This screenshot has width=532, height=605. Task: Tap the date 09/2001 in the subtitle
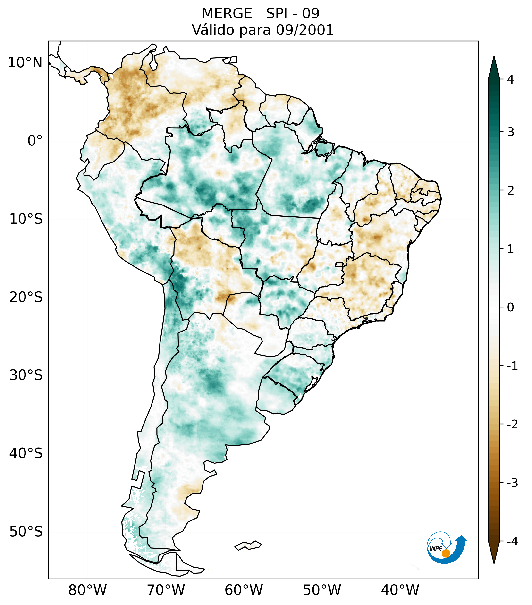click(x=305, y=30)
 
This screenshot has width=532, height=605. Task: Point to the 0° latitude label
click(x=35, y=141)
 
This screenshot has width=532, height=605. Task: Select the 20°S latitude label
click(x=26, y=297)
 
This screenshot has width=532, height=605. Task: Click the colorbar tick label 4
click(x=510, y=79)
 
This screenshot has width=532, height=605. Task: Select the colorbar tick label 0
click(x=510, y=307)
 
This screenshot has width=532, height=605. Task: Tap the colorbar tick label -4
click(x=512, y=542)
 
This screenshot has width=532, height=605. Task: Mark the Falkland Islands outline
click(x=248, y=545)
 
